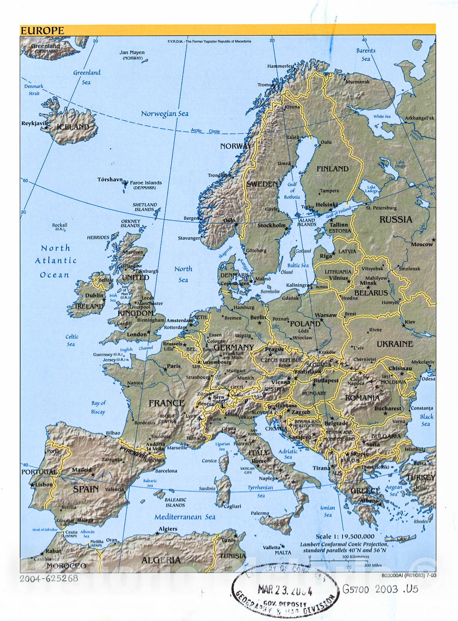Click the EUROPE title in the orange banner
pyautogui.click(x=42, y=30)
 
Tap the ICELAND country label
pyautogui.click(x=73, y=127)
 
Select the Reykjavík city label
pyautogui.click(x=34, y=124)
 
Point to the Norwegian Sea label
pyautogui.click(x=165, y=114)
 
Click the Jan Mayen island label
pyautogui.click(x=132, y=53)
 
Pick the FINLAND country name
pyautogui.click(x=332, y=169)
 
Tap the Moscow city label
pyautogui.click(x=422, y=244)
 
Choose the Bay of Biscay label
pyautogui.click(x=98, y=408)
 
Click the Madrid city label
pyautogui.click(x=81, y=470)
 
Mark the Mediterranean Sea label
pyautogui.click(x=185, y=517)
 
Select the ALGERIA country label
pyautogui.click(x=161, y=560)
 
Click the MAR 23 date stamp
pyautogui.click(x=285, y=590)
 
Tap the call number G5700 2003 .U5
pyautogui.click(x=380, y=589)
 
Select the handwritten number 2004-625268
pyautogui.click(x=49, y=578)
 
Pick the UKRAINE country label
pyautogui.click(x=394, y=344)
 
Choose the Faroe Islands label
pyautogui.click(x=146, y=183)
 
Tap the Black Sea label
pyautogui.click(x=426, y=420)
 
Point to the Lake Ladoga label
pyautogui.click(x=371, y=189)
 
